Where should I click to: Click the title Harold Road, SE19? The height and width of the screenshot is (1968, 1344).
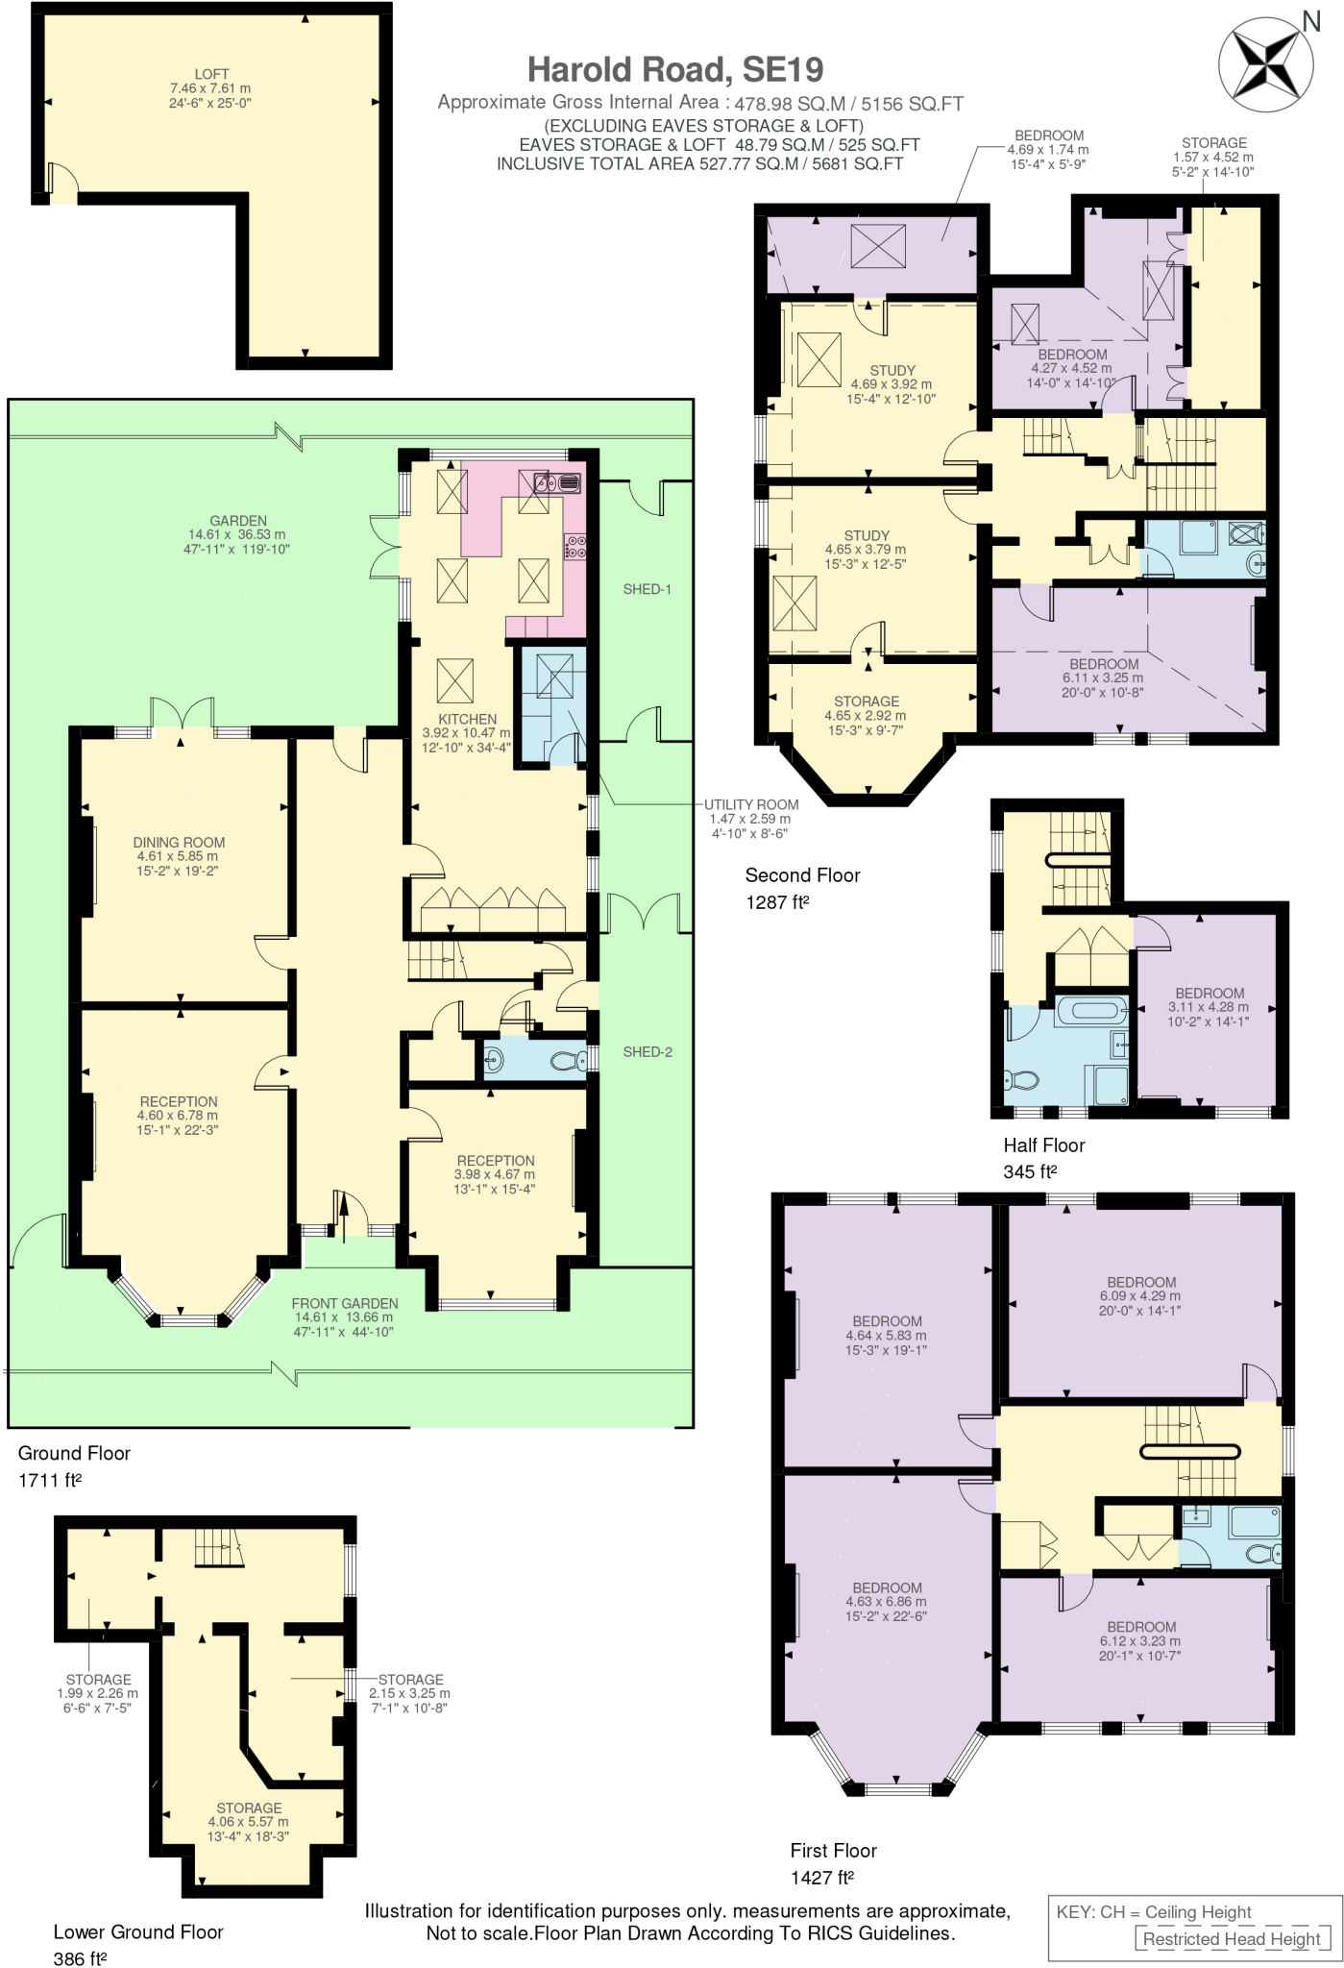(x=675, y=69)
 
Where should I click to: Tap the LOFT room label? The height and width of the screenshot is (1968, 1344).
(x=210, y=87)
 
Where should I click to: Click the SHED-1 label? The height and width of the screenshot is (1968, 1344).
(x=647, y=589)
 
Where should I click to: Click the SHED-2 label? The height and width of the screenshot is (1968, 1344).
(x=647, y=1051)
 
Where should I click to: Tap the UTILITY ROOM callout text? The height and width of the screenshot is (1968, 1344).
(x=750, y=818)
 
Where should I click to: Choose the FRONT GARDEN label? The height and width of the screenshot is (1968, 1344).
(x=344, y=1316)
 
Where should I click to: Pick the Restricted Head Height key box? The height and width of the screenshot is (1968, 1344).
(x=1231, y=1938)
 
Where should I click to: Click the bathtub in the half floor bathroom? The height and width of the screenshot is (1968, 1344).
(x=1092, y=1010)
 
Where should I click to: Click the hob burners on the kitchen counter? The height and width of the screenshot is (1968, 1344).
(x=575, y=547)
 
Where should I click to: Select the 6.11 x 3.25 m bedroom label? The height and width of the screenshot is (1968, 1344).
(x=1103, y=677)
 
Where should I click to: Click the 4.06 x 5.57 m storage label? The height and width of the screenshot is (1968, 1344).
(x=248, y=1821)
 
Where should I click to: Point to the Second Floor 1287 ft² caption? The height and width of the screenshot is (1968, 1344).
(x=802, y=888)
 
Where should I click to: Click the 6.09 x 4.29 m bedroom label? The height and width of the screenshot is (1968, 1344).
(x=1140, y=1295)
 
